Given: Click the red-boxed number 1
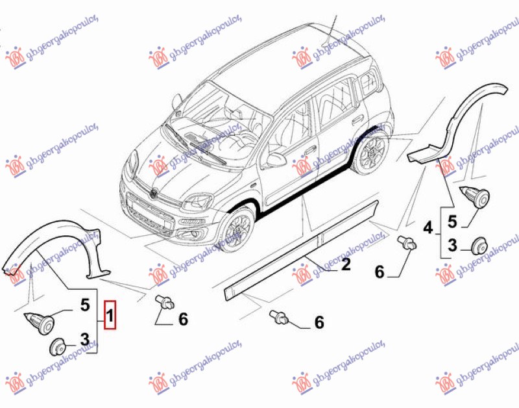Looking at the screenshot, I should pos(110,316).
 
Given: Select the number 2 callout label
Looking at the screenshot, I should pos(345,264).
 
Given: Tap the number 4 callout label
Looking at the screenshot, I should pos(428,228).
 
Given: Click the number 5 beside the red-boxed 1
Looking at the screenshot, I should pos(85,303).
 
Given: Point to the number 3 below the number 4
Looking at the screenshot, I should pos(452,245).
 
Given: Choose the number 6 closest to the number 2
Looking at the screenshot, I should pos(319,321).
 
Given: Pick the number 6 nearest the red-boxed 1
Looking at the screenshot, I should pos(182,318).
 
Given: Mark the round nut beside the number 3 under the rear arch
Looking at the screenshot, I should pos(479,246).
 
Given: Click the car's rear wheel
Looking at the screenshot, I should pos(374,153).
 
